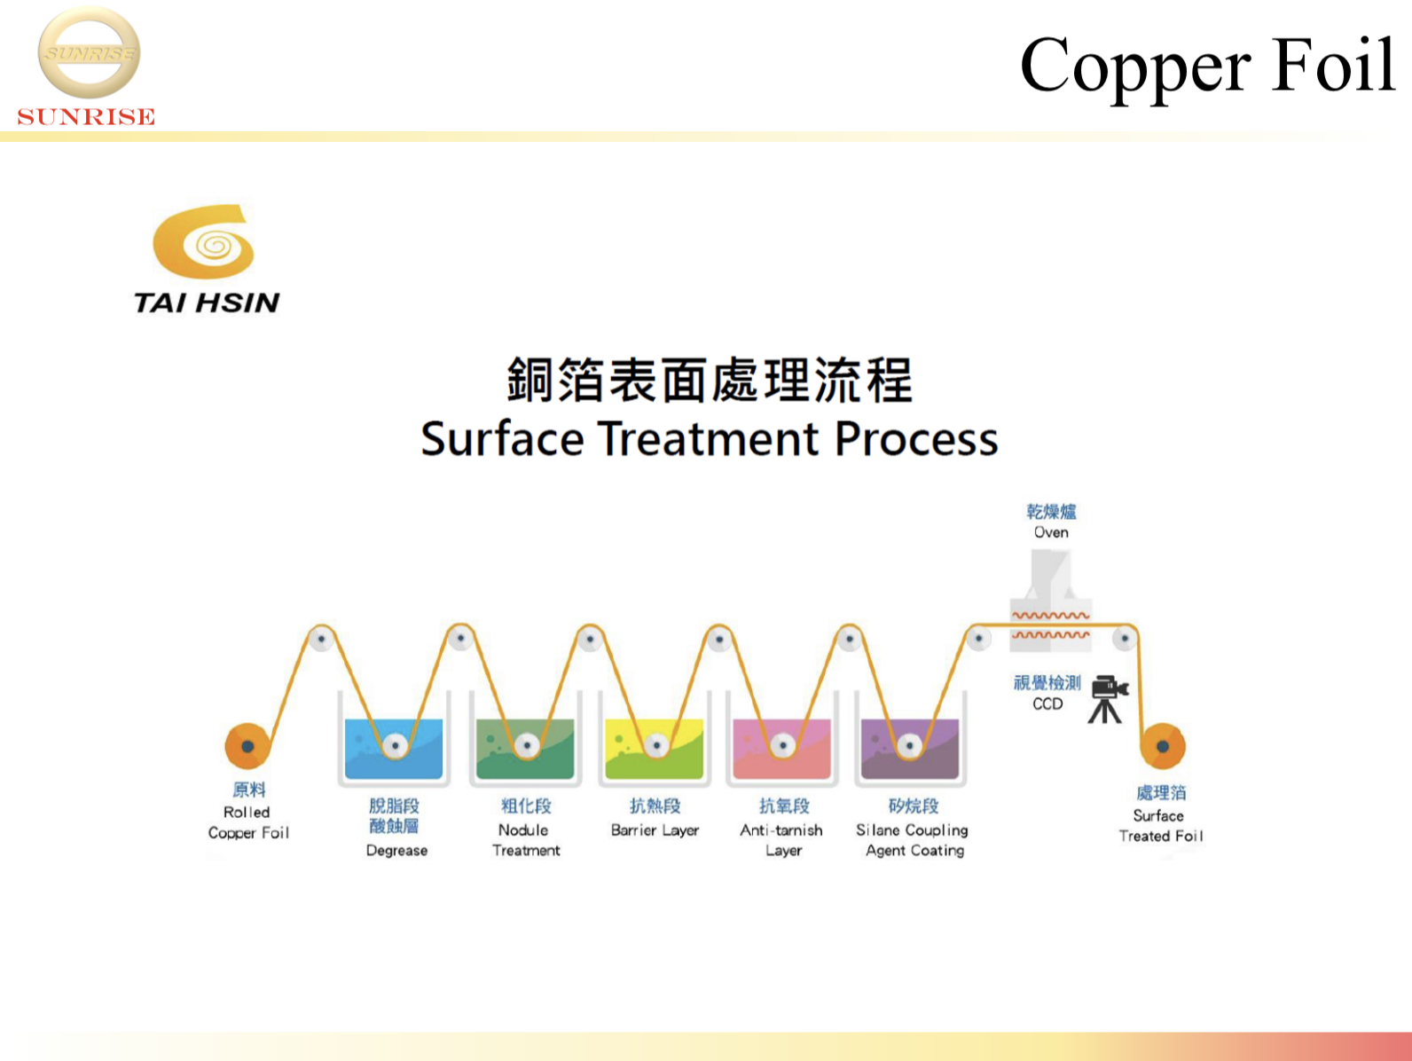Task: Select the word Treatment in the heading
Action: point(709,439)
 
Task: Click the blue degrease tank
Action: point(394,749)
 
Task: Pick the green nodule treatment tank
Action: point(525,749)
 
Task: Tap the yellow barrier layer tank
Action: point(655,749)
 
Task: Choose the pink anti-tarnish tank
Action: point(781,749)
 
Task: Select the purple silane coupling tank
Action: point(910,749)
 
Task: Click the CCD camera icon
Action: point(1108,699)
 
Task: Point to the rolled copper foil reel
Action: point(247,746)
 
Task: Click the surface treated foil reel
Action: point(1163,746)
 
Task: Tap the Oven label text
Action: point(1051,532)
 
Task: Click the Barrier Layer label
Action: point(655,830)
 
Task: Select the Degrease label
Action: point(397,851)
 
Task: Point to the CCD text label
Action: point(1047,703)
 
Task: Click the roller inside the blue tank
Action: point(395,746)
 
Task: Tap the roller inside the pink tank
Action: point(783,746)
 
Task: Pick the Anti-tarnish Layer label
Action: point(781,840)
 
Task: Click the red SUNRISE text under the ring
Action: point(86,116)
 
